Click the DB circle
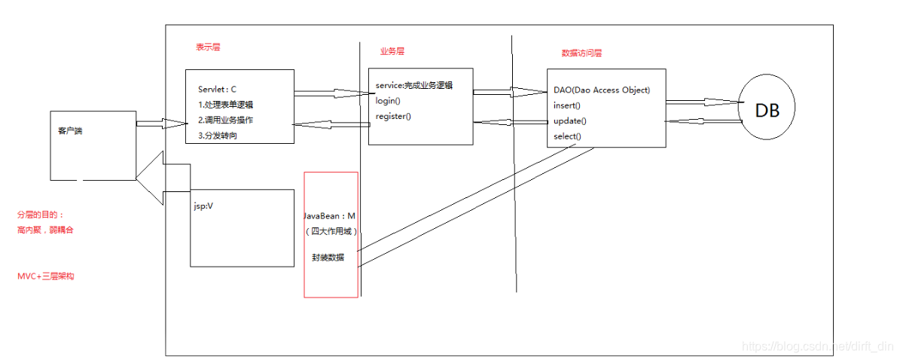tap(767, 110)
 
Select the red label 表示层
tap(208, 47)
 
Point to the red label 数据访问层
tap(581, 53)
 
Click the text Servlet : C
tap(218, 89)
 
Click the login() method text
tap(388, 101)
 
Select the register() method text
tap(393, 116)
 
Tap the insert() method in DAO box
tap(567, 105)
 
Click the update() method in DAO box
tap(570, 121)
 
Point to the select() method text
tap(567, 136)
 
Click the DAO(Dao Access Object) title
tap(601, 90)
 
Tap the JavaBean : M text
tap(329, 216)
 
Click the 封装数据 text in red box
tap(328, 257)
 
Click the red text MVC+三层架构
tap(45, 276)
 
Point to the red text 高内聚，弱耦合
tap(45, 230)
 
